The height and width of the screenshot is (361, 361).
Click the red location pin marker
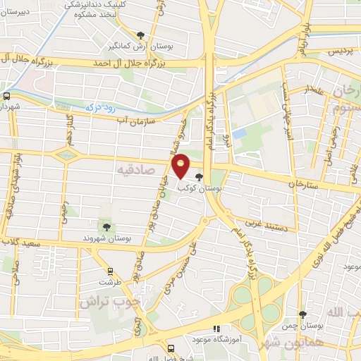click(x=181, y=165)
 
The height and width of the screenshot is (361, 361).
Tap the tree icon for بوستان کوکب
click(x=199, y=177)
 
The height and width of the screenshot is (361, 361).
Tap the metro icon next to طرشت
click(x=109, y=270)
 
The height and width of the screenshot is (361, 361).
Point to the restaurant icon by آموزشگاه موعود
click(x=217, y=328)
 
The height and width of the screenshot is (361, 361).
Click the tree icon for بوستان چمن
click(x=302, y=314)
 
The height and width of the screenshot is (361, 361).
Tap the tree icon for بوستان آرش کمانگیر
click(x=141, y=35)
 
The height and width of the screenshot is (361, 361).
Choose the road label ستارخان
click(x=304, y=183)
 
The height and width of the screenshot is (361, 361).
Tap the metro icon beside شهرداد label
click(x=6, y=94)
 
